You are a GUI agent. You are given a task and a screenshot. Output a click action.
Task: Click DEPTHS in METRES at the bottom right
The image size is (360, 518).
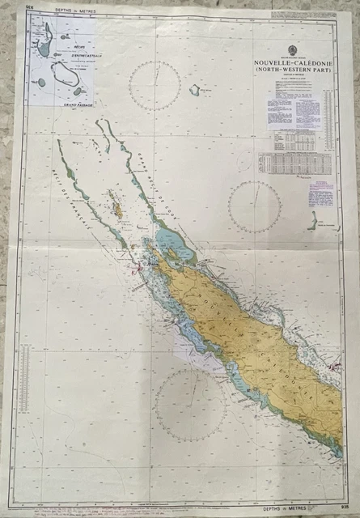click(x=301, y=486)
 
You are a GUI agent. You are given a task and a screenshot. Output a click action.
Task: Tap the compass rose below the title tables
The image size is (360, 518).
click(x=254, y=206)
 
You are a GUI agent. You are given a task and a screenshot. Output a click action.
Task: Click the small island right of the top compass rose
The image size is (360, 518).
click(x=194, y=91)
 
